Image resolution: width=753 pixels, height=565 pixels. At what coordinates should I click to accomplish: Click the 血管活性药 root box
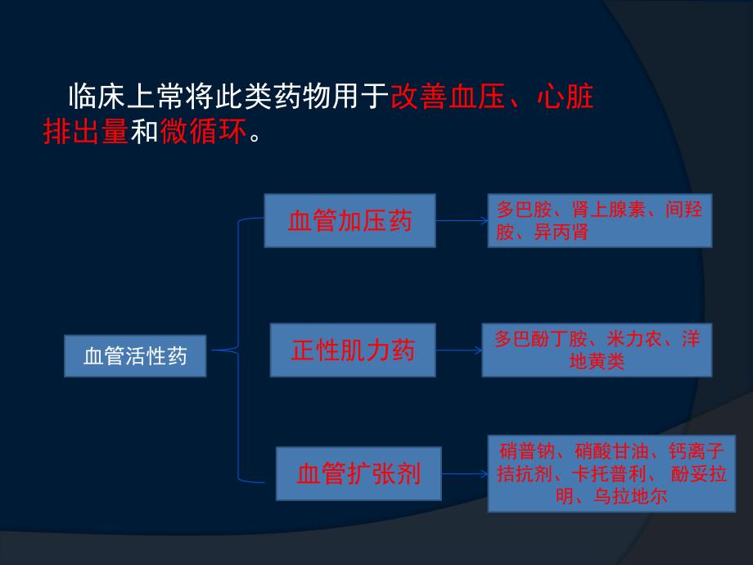coord(135,356)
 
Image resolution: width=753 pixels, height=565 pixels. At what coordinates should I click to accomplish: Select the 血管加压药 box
coord(349,220)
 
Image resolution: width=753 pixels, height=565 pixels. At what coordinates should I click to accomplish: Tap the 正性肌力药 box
coord(353,350)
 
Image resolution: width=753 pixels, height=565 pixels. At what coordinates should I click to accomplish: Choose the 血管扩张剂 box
coord(358,474)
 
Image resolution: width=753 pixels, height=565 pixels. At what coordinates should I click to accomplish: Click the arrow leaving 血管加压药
coord(461,220)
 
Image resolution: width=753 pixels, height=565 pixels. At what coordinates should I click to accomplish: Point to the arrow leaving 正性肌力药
coord(458,350)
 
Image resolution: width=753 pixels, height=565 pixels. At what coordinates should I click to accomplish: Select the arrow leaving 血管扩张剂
coord(464,474)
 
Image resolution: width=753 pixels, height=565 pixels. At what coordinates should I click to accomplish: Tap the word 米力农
coord(635,339)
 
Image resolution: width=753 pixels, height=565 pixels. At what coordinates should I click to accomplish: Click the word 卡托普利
coord(611,473)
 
